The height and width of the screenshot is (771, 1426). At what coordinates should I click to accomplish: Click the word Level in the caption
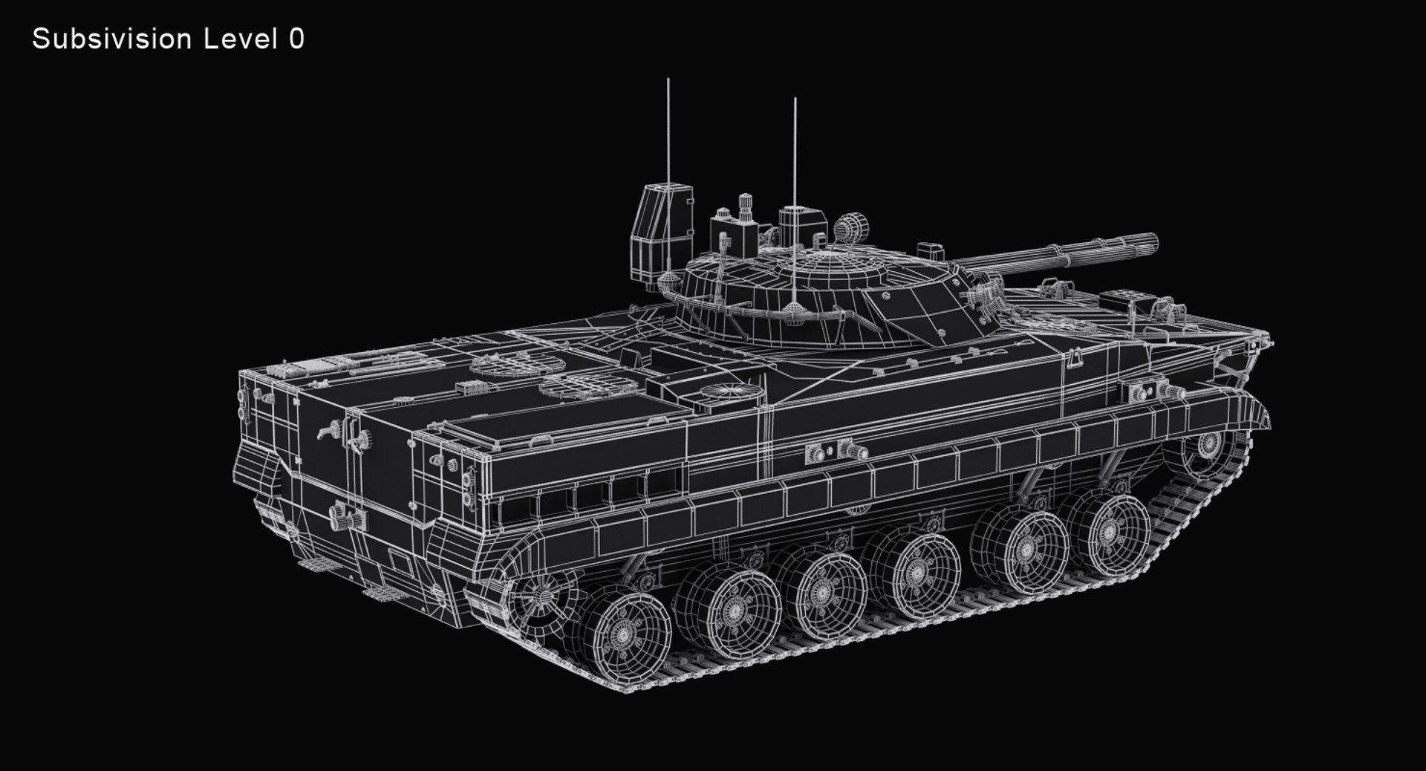(x=240, y=39)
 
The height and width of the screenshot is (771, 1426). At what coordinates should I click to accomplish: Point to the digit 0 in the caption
(x=296, y=39)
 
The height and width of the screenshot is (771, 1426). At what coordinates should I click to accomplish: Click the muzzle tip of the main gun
(x=1153, y=244)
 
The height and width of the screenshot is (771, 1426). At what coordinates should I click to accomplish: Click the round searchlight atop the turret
(x=852, y=226)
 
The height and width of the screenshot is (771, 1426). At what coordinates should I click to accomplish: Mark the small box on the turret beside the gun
(x=931, y=250)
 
